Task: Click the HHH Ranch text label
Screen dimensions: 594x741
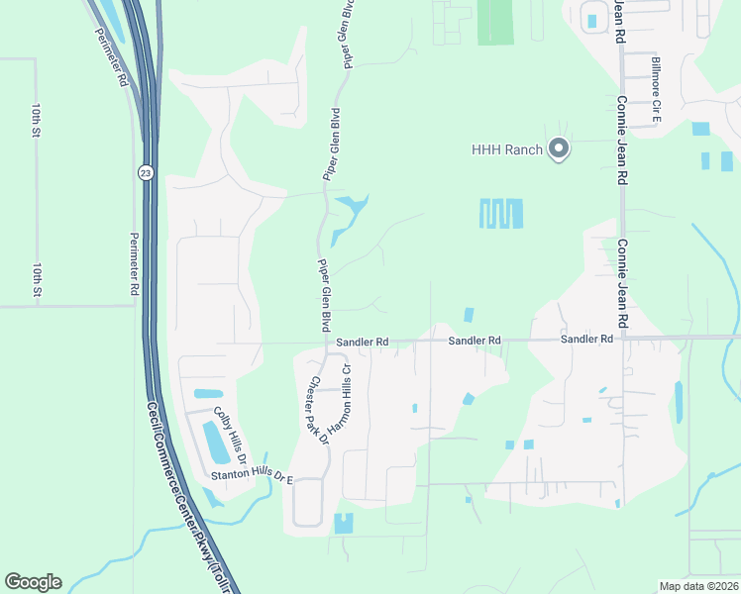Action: click(x=507, y=149)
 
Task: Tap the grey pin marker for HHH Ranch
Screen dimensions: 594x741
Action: click(x=558, y=149)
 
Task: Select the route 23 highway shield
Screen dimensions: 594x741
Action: click(x=146, y=171)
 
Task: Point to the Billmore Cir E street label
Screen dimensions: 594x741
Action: click(x=655, y=90)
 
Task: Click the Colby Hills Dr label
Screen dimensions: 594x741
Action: click(x=229, y=435)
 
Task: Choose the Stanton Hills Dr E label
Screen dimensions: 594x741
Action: click(x=253, y=477)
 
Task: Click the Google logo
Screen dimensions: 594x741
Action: click(x=33, y=582)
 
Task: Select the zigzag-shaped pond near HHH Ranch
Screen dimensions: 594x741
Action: click(x=501, y=213)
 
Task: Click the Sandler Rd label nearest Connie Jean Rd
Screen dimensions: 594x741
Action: click(x=586, y=340)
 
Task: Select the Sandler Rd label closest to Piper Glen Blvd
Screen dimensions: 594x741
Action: click(x=362, y=342)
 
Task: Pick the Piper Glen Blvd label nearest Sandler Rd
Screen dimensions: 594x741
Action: click(x=323, y=295)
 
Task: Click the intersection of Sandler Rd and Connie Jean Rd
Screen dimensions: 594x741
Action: click(x=621, y=339)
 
